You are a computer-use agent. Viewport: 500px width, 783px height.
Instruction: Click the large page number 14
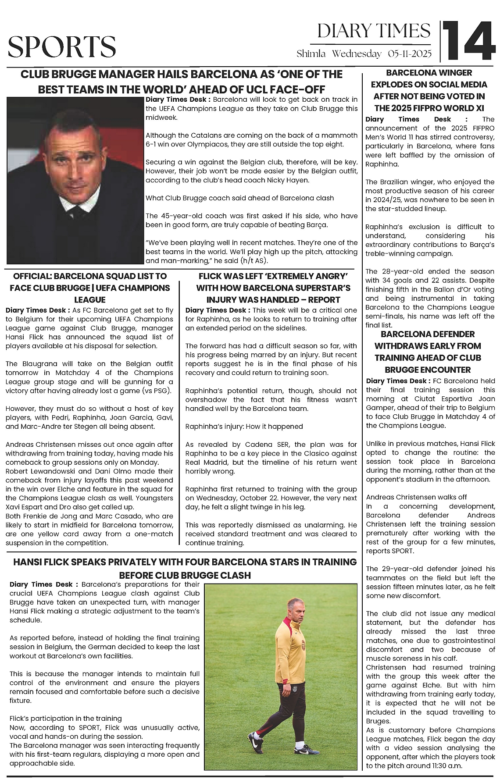click(468, 41)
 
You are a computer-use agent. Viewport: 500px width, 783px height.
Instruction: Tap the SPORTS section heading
click(62, 47)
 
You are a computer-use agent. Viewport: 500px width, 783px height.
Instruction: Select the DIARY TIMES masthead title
click(374, 31)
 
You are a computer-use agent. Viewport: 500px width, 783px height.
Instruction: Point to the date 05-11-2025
click(410, 54)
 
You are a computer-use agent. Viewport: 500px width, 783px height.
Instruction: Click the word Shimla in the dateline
click(311, 54)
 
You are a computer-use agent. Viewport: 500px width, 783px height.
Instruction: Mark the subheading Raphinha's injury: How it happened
click(244, 426)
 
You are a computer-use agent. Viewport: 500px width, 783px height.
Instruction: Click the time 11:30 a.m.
click(444, 766)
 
